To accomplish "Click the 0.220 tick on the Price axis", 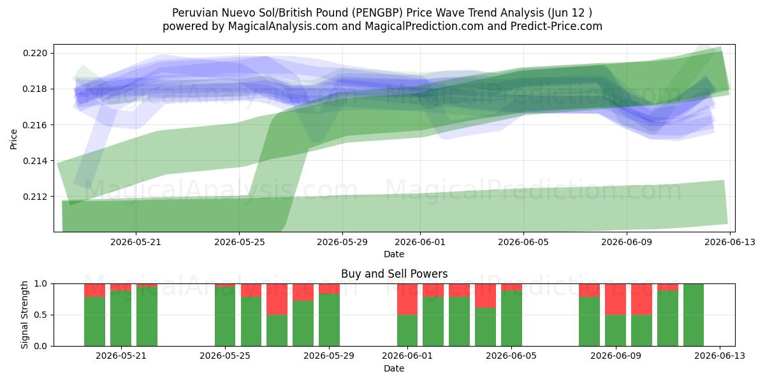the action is click(35, 54).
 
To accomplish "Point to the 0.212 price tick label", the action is click(35, 197).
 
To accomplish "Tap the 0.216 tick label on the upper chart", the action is click(35, 125).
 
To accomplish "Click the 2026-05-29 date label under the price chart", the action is click(342, 242).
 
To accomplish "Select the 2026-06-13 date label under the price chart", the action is click(730, 242).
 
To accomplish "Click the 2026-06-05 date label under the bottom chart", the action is click(511, 356).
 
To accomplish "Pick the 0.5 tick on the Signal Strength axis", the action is click(41, 315).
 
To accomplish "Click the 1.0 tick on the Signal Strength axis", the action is click(41, 283).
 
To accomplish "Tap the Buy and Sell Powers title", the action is click(394, 274).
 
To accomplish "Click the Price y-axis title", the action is click(13, 139).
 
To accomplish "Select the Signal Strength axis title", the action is click(24, 315).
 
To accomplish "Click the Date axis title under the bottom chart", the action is click(394, 368).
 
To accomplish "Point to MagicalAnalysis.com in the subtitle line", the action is click(283, 26).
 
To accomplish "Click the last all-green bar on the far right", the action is click(694, 315).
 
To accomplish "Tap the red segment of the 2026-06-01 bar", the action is click(407, 299).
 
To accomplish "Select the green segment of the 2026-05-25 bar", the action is click(225, 317).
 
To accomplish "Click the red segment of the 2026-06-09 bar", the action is click(615, 299).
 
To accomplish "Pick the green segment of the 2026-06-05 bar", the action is click(511, 319).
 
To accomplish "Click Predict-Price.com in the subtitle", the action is click(557, 26).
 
